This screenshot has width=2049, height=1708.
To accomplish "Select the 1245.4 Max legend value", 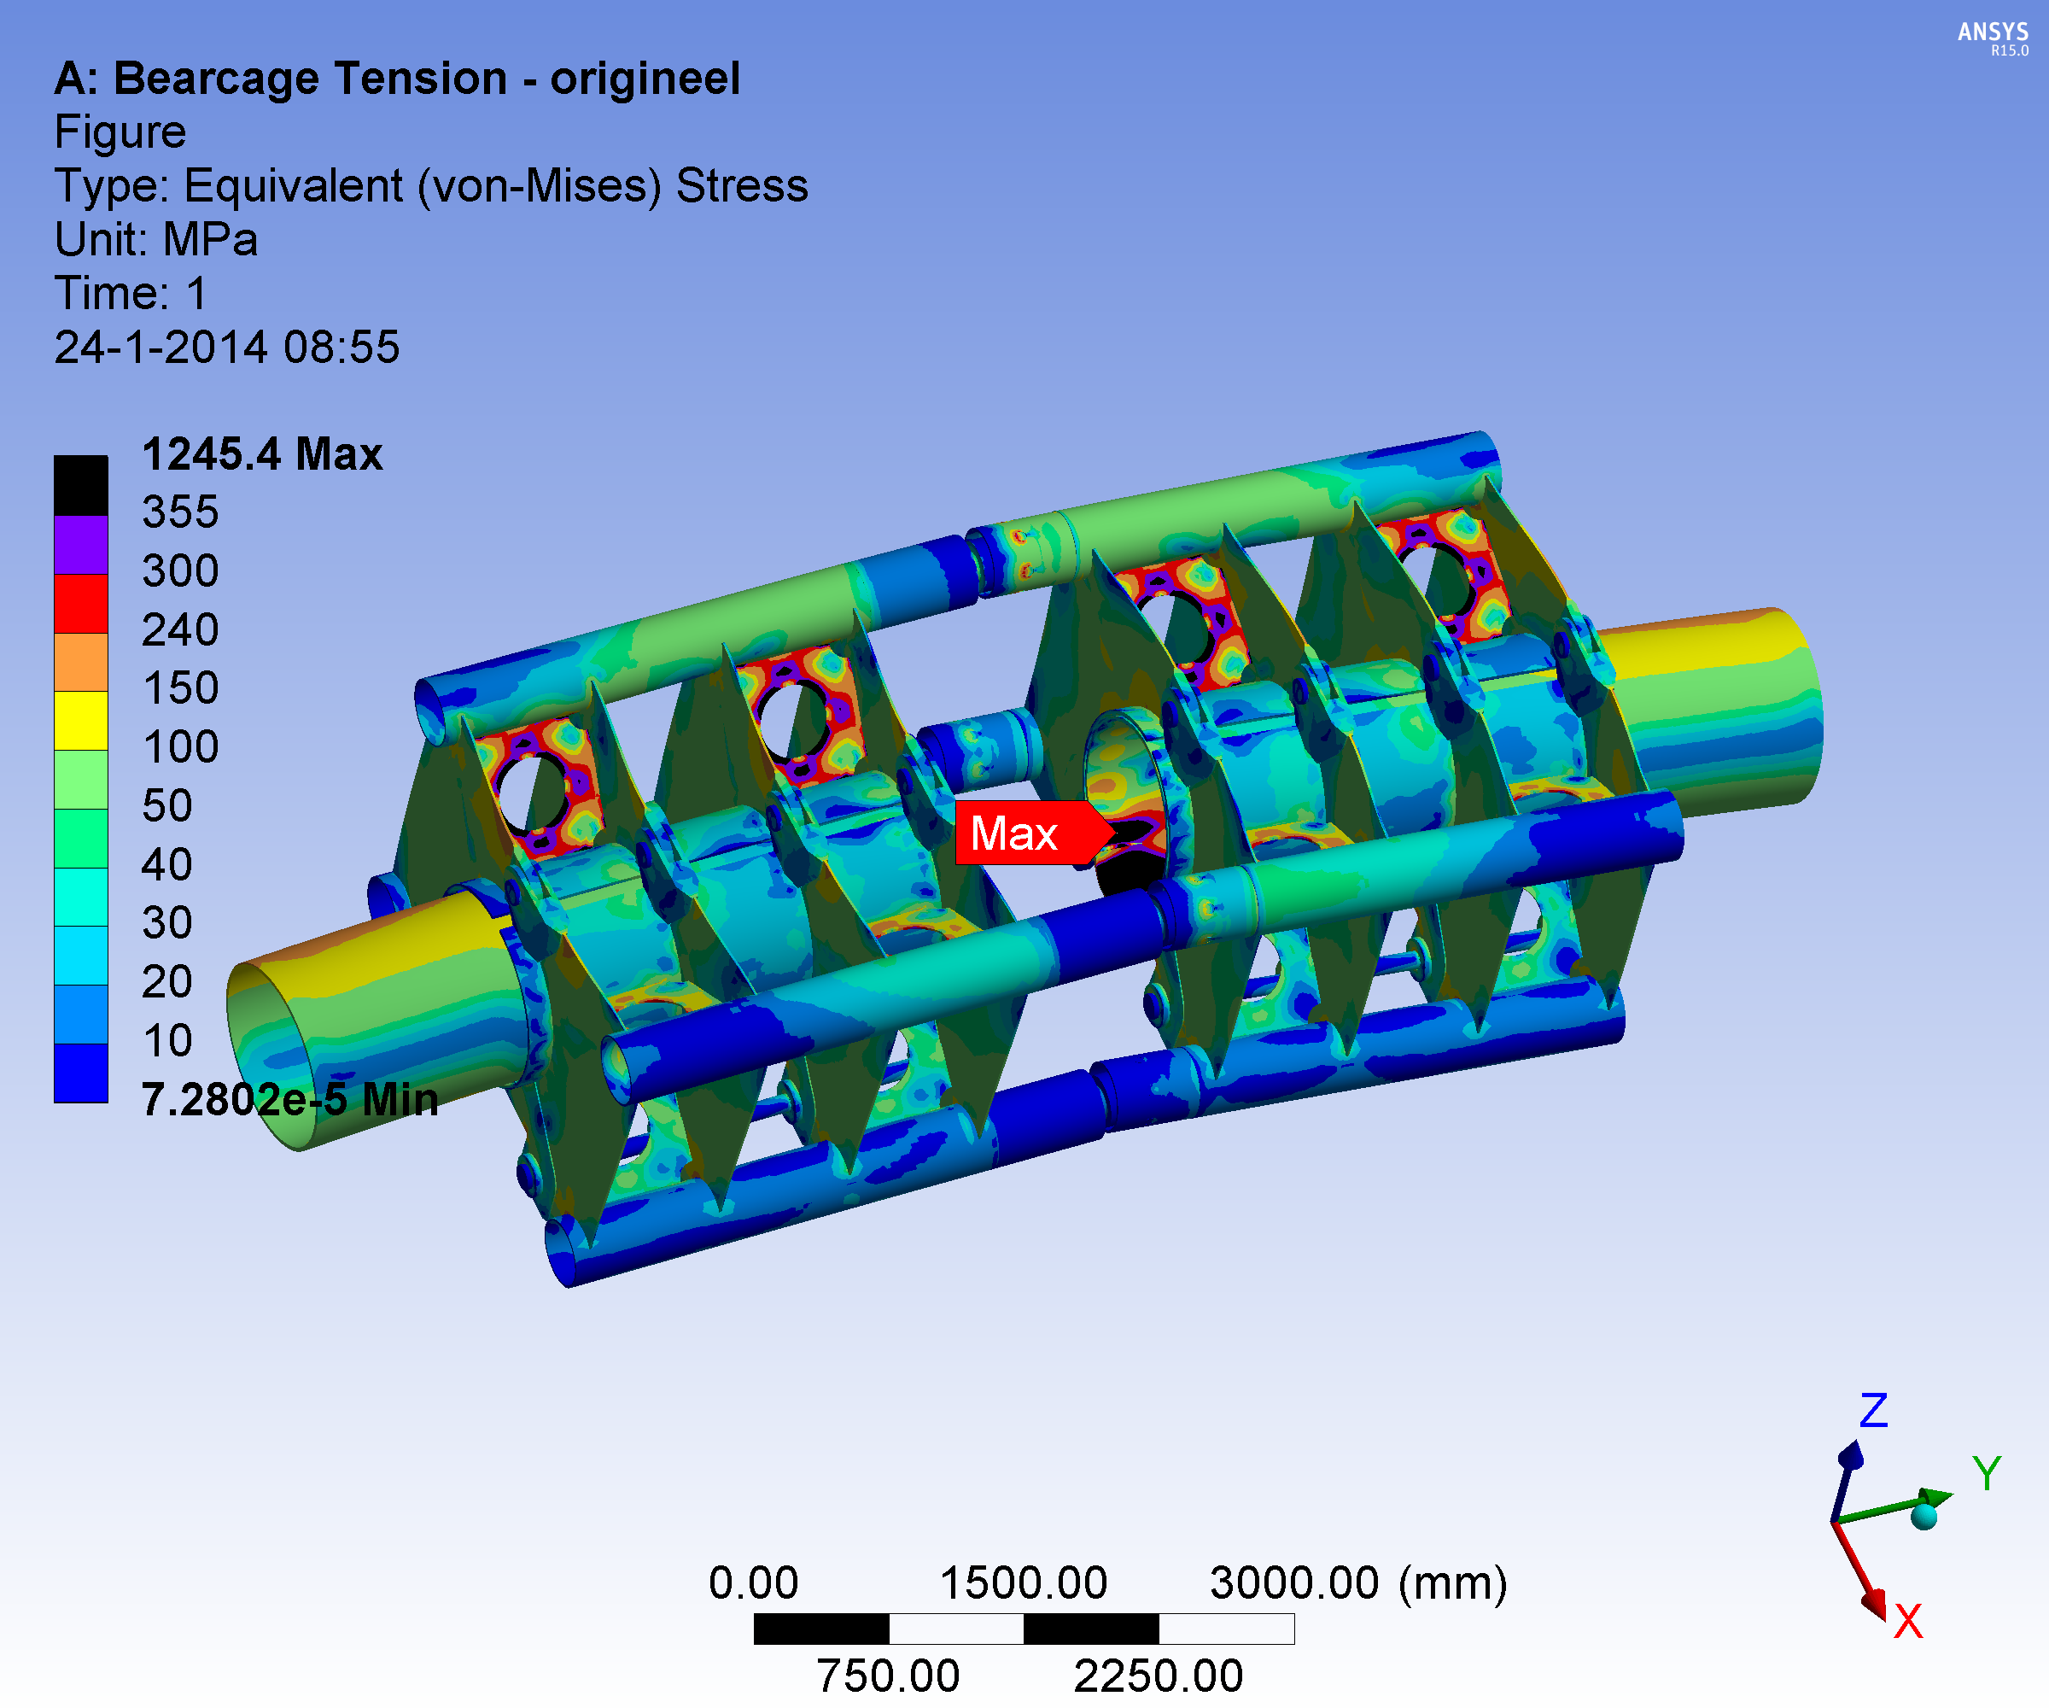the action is [262, 453].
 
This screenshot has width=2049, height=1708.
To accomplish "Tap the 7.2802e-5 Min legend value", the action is [289, 1100].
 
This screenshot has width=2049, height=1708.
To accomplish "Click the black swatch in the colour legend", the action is [81, 485].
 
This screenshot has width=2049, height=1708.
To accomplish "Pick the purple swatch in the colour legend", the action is [81, 545].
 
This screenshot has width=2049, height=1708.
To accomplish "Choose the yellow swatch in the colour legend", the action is [81, 720].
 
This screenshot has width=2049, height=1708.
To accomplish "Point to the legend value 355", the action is [180, 512].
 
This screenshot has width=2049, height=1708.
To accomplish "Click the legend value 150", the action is [180, 688].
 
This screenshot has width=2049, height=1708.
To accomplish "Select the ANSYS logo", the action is [1993, 37].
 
